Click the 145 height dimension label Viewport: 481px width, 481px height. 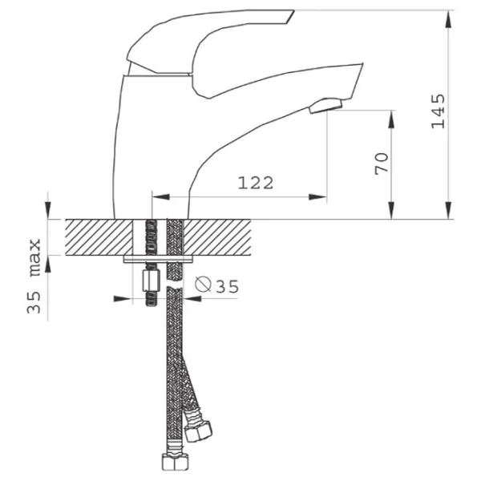(438, 111)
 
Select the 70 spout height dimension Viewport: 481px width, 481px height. (382, 164)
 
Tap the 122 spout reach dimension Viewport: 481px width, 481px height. (256, 183)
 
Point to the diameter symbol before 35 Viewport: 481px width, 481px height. (203, 284)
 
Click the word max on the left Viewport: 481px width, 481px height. (34, 257)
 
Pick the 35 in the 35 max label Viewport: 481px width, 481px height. (34, 302)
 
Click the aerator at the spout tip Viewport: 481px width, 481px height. (325, 106)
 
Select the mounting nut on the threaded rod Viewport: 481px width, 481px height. (152, 281)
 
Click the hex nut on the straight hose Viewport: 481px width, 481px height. (175, 462)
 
